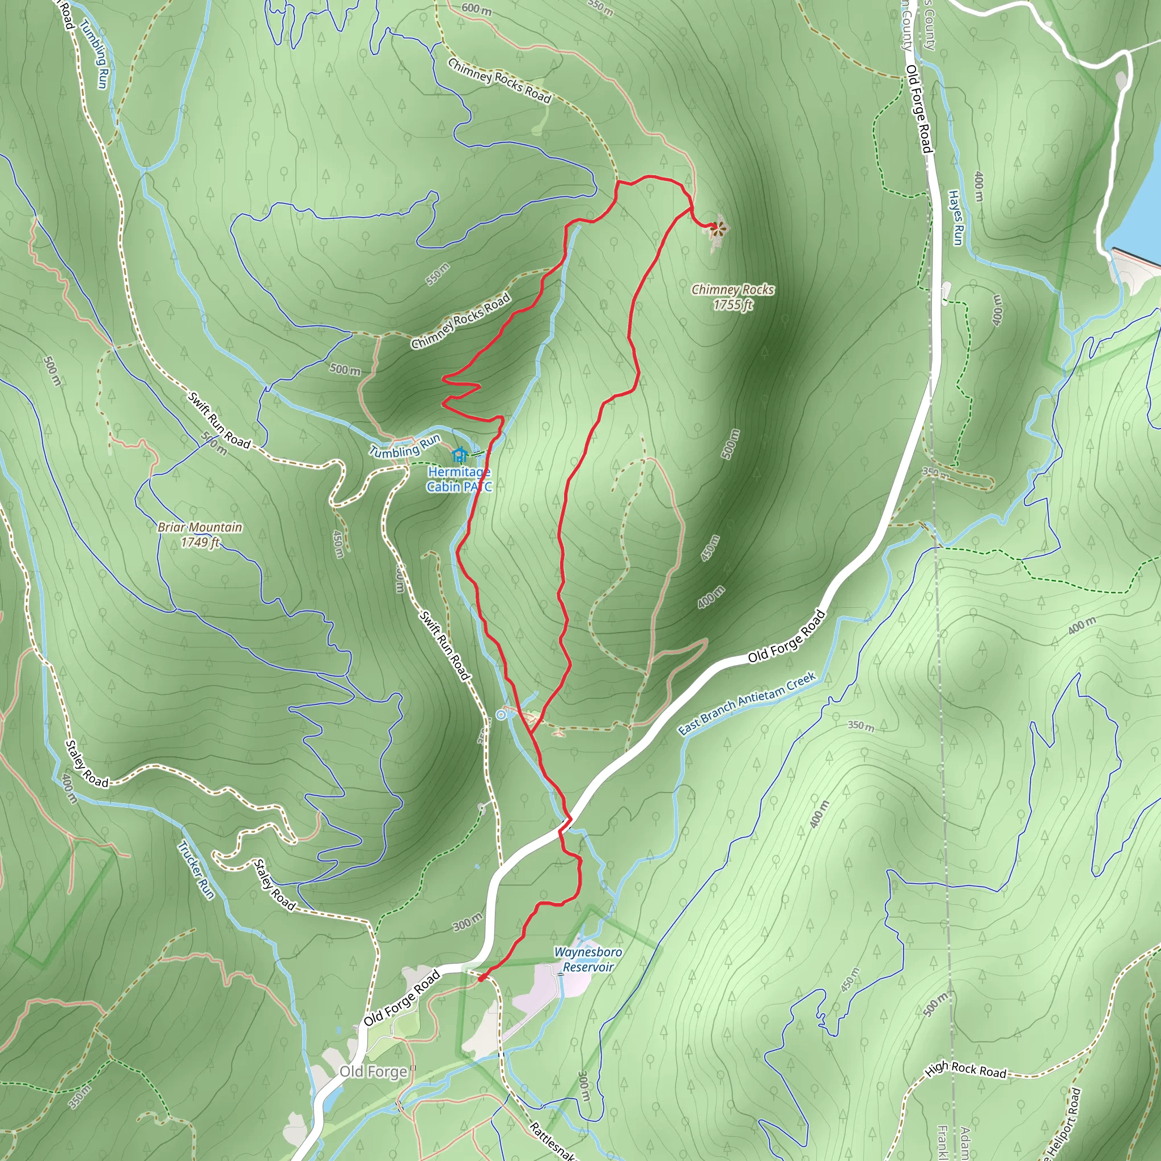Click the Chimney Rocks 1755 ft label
click(x=732, y=297)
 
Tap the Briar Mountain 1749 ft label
click(x=200, y=534)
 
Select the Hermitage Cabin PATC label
click(x=459, y=480)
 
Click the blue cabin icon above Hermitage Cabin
click(x=460, y=455)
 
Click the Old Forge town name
click(x=373, y=1071)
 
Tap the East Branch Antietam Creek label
click(x=747, y=702)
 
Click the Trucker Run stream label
click(x=196, y=869)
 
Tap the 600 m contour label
click(x=477, y=9)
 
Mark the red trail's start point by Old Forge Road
click(x=481, y=979)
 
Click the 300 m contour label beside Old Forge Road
click(x=467, y=921)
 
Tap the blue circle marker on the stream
click(x=501, y=714)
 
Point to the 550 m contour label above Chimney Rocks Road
click(x=438, y=274)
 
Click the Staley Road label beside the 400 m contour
click(x=87, y=763)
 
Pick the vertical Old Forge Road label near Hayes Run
click(x=919, y=109)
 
